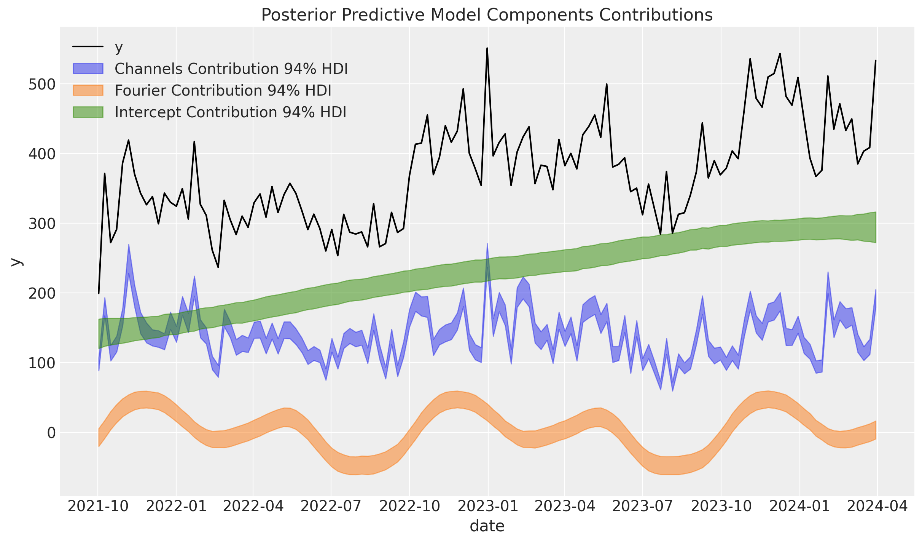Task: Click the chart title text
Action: tap(487, 15)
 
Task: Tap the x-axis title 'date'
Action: tap(487, 526)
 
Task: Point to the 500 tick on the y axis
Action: tap(42, 84)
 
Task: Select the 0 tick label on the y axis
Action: tap(51, 433)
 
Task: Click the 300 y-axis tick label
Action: tap(42, 224)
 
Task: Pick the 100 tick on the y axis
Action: tap(42, 363)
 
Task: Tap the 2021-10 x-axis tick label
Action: tap(98, 507)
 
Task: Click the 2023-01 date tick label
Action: tap(487, 507)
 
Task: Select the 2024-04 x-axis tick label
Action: tap(877, 507)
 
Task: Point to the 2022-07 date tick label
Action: tap(331, 507)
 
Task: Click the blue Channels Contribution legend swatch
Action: tap(88, 69)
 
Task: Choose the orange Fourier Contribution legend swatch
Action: tap(88, 90)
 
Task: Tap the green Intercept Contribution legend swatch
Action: tap(88, 112)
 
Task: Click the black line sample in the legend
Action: tap(88, 47)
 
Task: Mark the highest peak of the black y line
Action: tap(487, 48)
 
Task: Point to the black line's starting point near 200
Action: tap(99, 293)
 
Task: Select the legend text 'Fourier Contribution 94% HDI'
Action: tap(223, 91)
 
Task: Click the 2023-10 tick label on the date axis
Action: tap(721, 507)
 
